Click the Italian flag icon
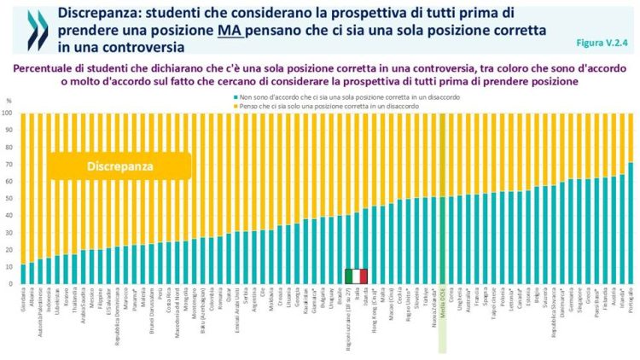point(356,276)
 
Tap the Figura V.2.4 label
point(607,40)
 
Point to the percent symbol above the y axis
point(9,102)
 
